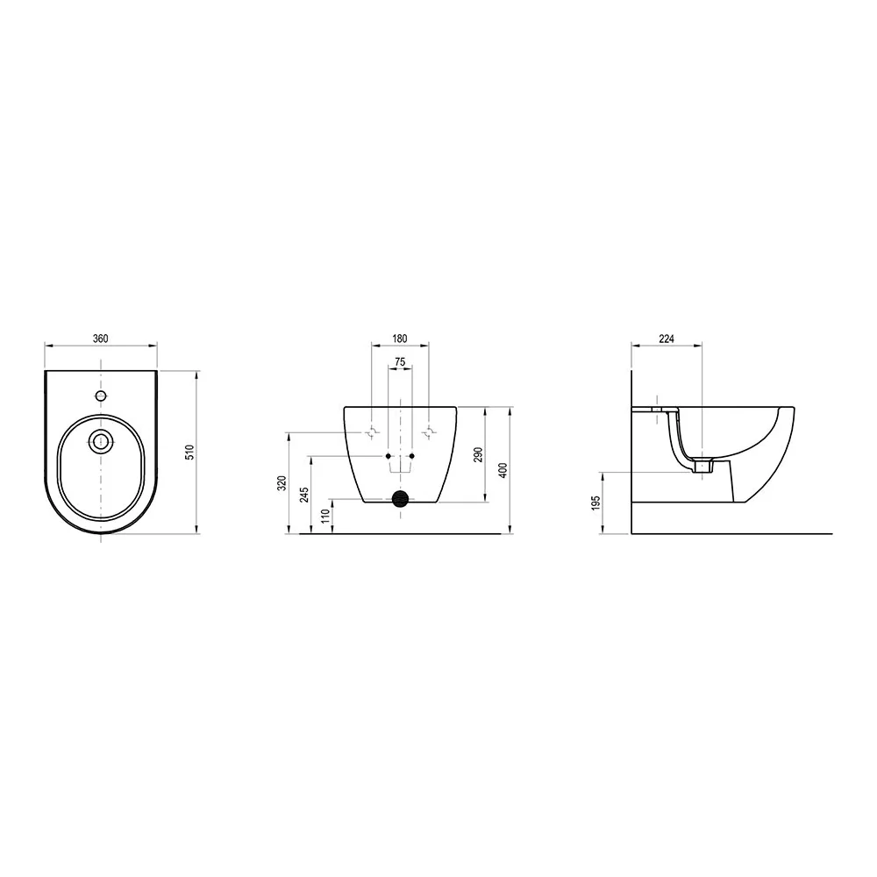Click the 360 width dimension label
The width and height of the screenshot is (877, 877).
(100, 339)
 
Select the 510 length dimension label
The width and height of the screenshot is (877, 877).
(189, 452)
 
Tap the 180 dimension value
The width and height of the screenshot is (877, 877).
(400, 339)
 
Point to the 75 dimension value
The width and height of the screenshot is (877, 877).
(400, 362)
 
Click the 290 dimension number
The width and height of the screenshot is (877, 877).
(478, 454)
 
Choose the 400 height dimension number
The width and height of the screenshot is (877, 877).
(503, 470)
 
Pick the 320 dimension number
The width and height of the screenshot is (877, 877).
(282, 483)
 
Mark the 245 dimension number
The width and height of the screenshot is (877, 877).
(304, 495)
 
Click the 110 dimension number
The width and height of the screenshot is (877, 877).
(326, 516)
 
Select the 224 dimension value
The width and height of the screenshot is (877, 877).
(667, 339)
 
